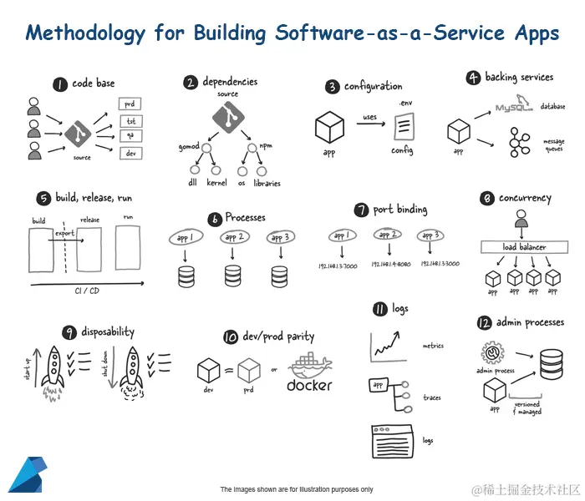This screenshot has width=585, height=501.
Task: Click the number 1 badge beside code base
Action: [59, 83]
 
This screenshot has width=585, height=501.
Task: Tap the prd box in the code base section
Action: [130, 104]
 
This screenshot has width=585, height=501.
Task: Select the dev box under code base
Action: [130, 154]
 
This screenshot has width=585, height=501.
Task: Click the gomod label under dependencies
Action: [189, 147]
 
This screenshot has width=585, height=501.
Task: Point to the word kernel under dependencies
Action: [216, 182]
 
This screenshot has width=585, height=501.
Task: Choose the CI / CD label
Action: [88, 291]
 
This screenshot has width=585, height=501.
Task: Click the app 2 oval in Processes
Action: [234, 238]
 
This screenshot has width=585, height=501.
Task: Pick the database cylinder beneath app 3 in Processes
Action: [279, 275]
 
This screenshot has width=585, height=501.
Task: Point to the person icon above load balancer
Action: [521, 220]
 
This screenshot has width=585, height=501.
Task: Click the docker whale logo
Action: [310, 369]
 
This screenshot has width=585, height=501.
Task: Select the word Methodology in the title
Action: [86, 33]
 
